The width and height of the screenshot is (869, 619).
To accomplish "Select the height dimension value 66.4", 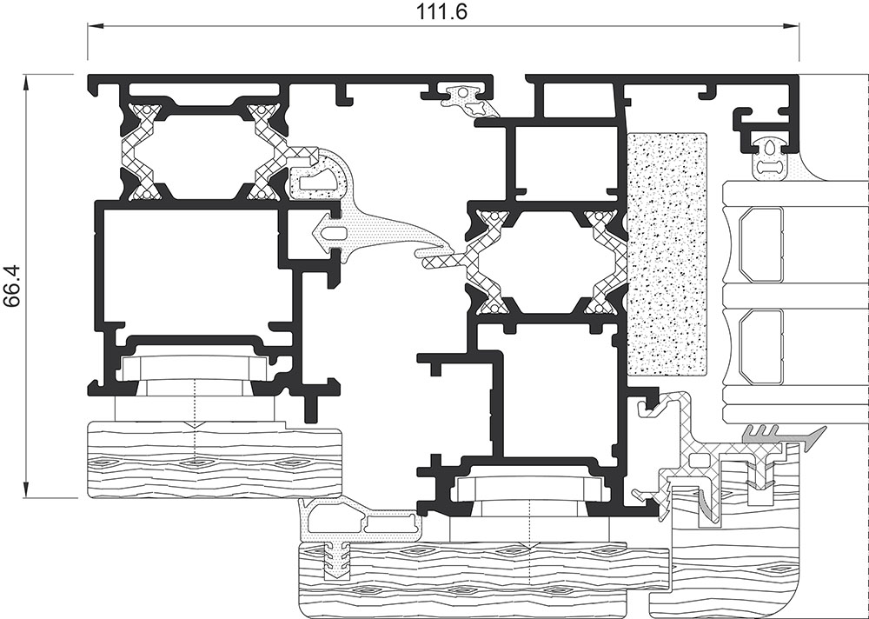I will tap(12, 284).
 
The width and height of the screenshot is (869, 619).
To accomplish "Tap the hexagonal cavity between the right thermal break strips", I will tap(546, 260).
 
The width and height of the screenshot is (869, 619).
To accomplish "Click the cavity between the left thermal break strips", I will tap(204, 152).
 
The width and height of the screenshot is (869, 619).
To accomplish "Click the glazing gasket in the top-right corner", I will tap(771, 157).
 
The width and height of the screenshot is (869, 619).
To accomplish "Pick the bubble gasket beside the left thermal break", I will tap(316, 174).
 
